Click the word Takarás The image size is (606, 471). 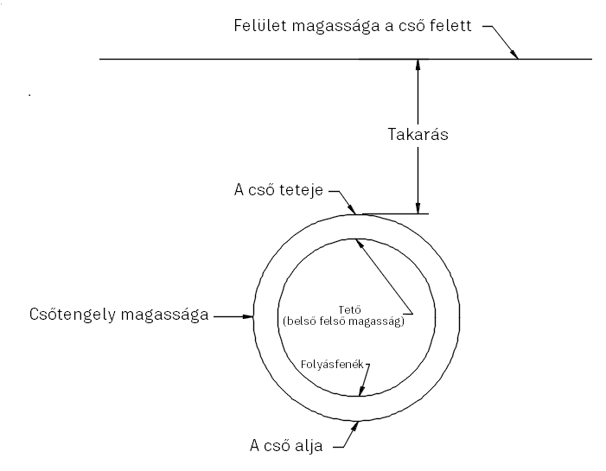417,136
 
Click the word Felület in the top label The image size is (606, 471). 260,25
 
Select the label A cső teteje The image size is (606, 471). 277,190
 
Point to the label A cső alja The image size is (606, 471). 286,446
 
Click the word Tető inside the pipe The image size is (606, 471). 343,311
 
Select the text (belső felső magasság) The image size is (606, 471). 343,322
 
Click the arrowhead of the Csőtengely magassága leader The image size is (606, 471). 251,317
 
